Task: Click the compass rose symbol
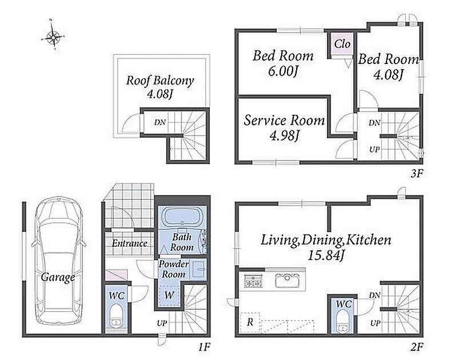[53, 36]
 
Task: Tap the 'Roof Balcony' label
[160, 81]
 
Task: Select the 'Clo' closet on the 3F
[342, 44]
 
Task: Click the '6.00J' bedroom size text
[282, 70]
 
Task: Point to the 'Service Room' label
[284, 120]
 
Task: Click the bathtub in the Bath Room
[182, 217]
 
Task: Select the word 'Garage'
[58, 278]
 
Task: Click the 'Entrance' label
[129, 243]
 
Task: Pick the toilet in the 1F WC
[117, 316]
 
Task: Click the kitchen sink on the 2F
[286, 281]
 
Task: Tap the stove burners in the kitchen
[253, 281]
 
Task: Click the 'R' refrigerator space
[250, 322]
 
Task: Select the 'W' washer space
[169, 295]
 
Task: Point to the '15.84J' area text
[326, 255]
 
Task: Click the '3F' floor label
[417, 173]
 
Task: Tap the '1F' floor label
[204, 347]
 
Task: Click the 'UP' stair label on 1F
[162, 323]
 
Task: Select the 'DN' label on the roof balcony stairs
[160, 122]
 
